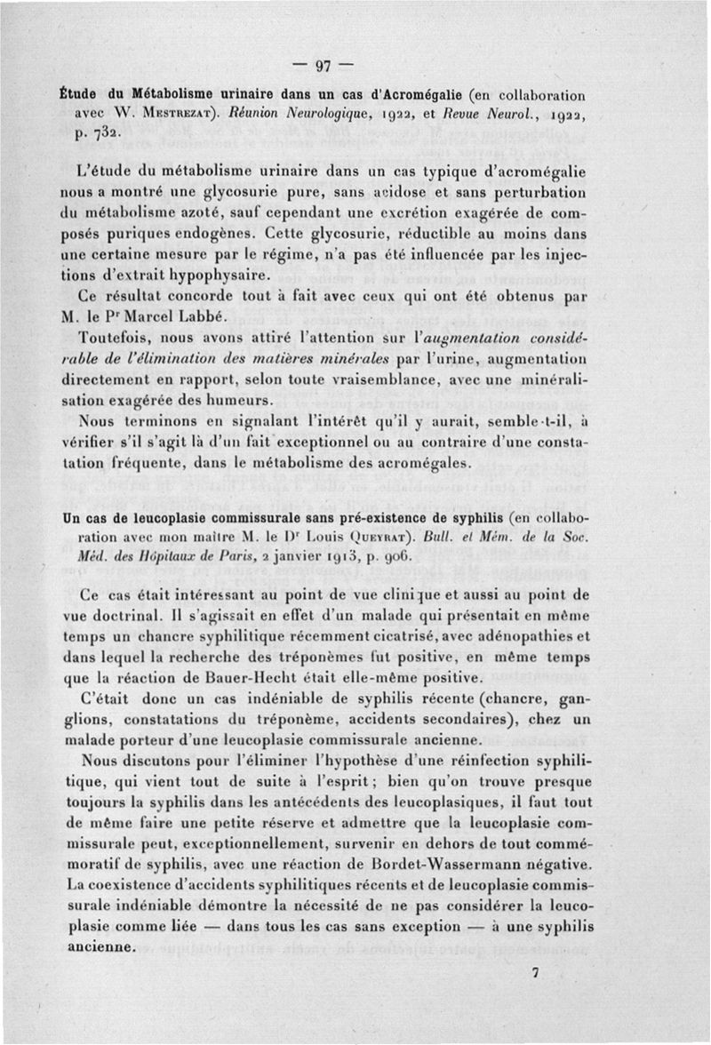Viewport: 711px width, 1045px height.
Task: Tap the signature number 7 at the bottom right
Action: click(x=535, y=972)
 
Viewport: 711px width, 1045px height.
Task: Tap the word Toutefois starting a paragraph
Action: click(x=116, y=339)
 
